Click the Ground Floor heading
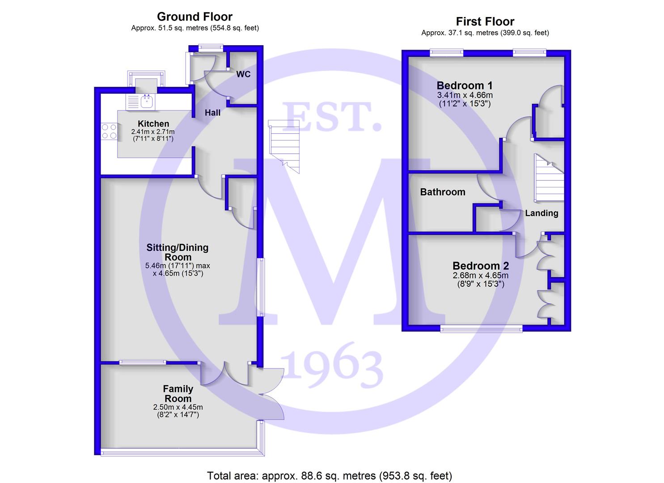(x=195, y=17)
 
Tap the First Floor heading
(x=485, y=21)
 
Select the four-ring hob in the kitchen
(x=109, y=131)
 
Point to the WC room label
(x=243, y=74)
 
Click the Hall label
(x=212, y=113)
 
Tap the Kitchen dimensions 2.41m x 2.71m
(x=153, y=131)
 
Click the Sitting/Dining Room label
(x=178, y=252)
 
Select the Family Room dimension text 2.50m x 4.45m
(x=178, y=407)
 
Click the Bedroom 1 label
(x=465, y=85)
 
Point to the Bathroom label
(x=443, y=192)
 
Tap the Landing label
(x=541, y=213)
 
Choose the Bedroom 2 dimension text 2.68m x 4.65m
(x=481, y=275)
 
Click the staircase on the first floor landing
(x=549, y=178)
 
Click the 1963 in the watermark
(x=331, y=365)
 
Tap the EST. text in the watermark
(x=331, y=117)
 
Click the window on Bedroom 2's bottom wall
(x=481, y=329)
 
